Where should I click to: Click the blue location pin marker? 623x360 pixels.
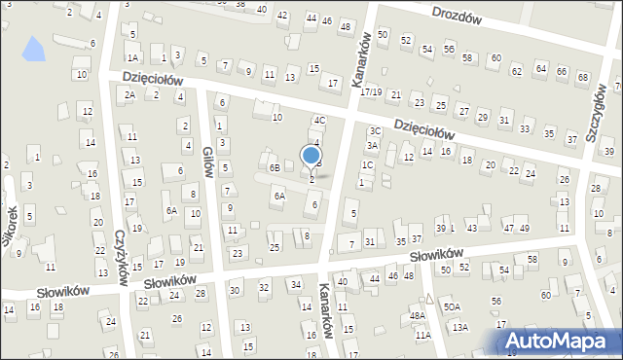311,157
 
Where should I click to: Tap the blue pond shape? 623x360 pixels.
33,47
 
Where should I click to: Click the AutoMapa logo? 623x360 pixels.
560,342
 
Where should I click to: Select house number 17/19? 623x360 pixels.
371,92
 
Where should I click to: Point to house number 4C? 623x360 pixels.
318,121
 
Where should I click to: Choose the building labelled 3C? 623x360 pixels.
374,130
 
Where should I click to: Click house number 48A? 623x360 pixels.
418,315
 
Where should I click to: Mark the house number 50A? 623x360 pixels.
452,306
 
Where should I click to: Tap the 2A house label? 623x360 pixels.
129,94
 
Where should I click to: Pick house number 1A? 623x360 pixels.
132,58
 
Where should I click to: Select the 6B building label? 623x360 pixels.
275,167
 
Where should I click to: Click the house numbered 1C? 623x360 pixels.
368,165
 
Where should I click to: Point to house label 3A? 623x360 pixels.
371,146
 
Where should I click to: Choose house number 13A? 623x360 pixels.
459,327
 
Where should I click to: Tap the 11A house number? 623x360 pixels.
422,335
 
